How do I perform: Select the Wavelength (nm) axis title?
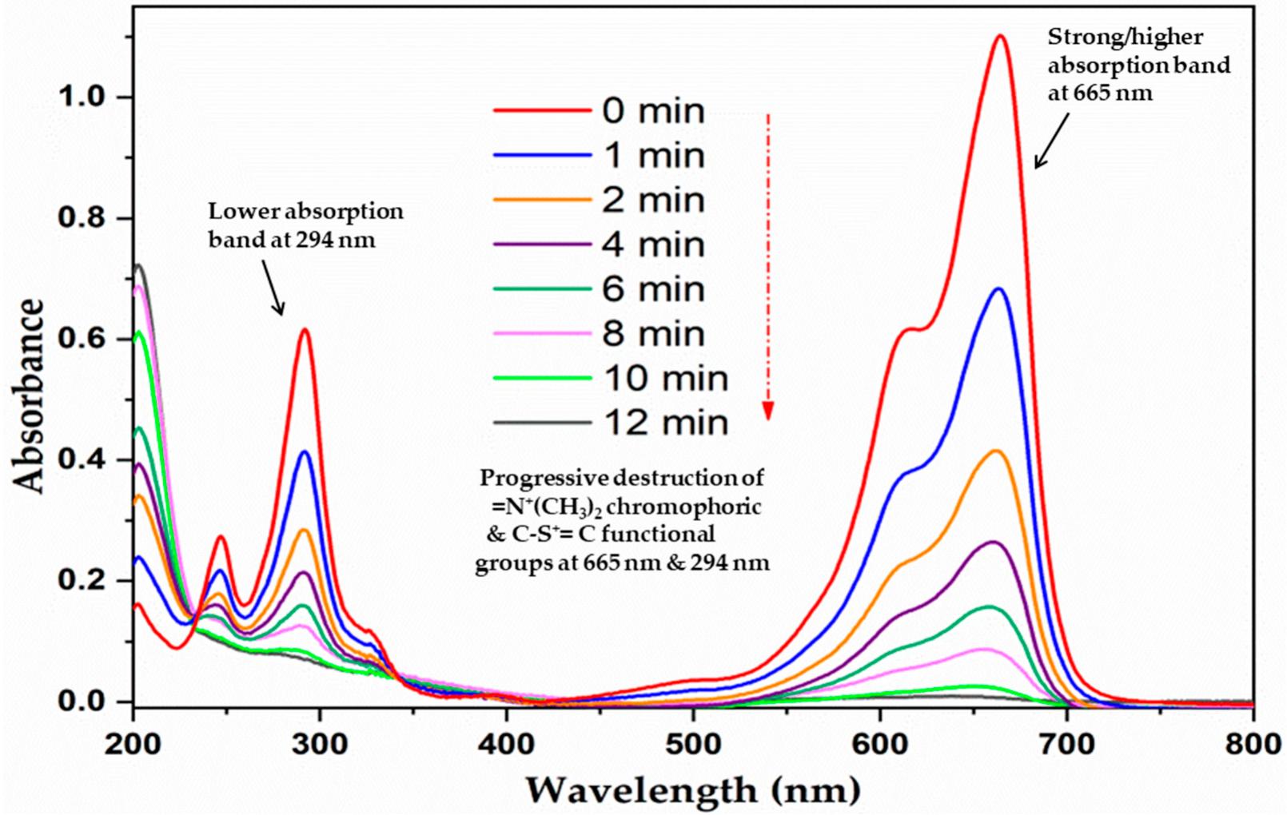click(693, 790)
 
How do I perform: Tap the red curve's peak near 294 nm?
click(305, 329)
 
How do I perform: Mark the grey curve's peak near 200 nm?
click(138, 264)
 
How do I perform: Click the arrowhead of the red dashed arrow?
click(767, 411)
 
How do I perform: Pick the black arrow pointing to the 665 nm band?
click(1052, 141)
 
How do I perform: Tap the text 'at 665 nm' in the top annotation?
click(1101, 93)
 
